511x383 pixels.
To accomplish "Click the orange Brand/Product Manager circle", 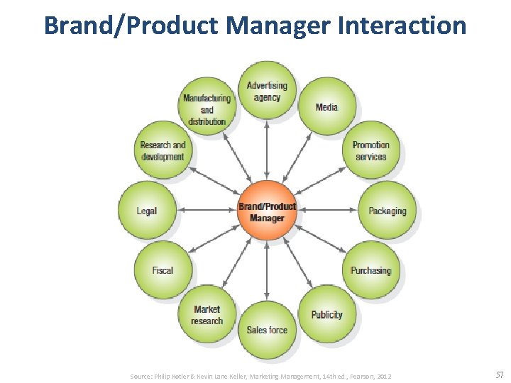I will pyautogui.click(x=267, y=210).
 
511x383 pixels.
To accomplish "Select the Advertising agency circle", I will pyautogui.click(x=267, y=91).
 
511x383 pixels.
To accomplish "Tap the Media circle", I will pyautogui.click(x=326, y=106).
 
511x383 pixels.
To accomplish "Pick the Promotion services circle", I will pyautogui.click(x=370, y=150).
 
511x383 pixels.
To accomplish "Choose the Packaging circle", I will pyautogui.click(x=387, y=211).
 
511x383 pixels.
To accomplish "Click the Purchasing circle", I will pyautogui.click(x=370, y=270).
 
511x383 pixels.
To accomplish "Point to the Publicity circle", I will pyautogui.click(x=326, y=314).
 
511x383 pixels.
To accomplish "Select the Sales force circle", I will pyautogui.click(x=267, y=330).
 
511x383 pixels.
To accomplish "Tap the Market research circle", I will pyautogui.click(x=207, y=314).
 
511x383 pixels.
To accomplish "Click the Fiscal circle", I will pyautogui.click(x=163, y=270).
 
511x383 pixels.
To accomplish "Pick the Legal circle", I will pyautogui.click(x=147, y=211).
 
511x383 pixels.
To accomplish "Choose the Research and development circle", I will pyautogui.click(x=163, y=150).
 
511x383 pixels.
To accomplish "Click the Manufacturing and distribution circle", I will pyautogui.click(x=207, y=108).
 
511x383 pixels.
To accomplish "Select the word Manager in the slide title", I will pyautogui.click(x=278, y=26).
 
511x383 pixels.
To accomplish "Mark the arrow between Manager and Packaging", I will pyautogui.click(x=326, y=210).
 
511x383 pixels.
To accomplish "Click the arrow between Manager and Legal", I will pyautogui.click(x=207, y=210).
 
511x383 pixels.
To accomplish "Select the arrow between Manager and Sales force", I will pyautogui.click(x=267, y=270).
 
